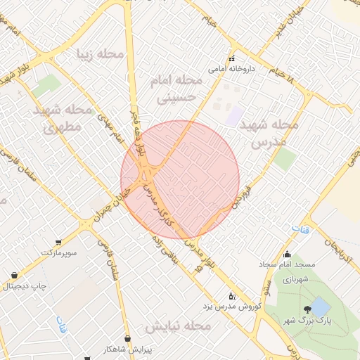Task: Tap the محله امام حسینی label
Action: point(177,89)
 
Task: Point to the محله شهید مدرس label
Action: point(269,132)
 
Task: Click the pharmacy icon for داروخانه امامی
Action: point(231,59)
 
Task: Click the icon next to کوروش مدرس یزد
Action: point(232,295)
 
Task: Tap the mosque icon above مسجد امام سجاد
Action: point(286,255)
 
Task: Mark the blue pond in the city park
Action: point(320,305)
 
